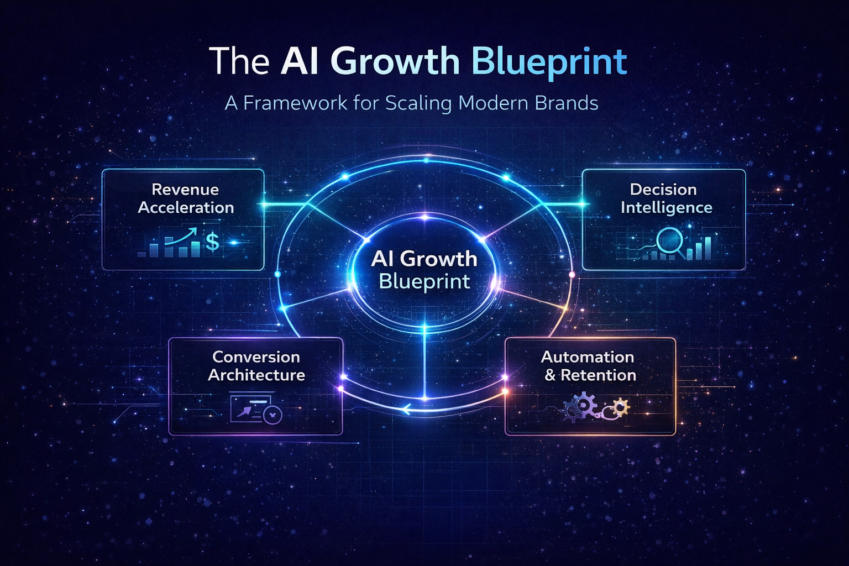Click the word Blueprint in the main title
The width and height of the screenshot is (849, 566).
(x=549, y=62)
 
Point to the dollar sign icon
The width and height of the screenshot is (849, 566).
(x=212, y=242)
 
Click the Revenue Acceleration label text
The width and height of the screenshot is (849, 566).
(x=186, y=198)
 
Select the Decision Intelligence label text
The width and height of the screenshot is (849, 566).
(x=665, y=198)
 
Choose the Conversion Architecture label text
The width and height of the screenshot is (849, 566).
(x=256, y=366)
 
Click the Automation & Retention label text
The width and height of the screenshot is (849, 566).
(x=588, y=366)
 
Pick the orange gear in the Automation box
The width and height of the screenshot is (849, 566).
(x=621, y=407)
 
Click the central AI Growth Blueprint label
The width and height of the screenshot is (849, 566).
(x=424, y=270)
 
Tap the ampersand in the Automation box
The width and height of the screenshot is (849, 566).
(x=549, y=376)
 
